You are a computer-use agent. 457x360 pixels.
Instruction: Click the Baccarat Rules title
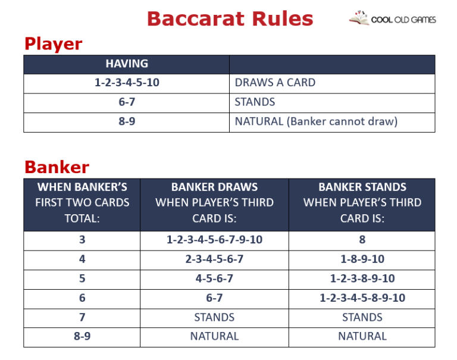click(230, 18)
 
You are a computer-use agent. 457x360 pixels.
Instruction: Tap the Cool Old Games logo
click(392, 20)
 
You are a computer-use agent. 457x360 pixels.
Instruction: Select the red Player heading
click(53, 44)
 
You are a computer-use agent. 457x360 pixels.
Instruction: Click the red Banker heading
click(57, 167)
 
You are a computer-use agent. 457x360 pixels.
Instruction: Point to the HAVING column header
click(127, 64)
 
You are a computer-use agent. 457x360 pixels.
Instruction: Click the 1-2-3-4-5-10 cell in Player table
click(127, 83)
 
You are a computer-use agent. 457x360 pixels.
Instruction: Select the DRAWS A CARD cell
click(275, 83)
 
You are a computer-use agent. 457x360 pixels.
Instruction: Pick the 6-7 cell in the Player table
click(127, 102)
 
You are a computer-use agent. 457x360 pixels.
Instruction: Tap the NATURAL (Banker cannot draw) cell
click(316, 121)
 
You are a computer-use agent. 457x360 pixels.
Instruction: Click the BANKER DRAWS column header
click(214, 202)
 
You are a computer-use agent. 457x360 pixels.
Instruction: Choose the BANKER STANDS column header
click(362, 202)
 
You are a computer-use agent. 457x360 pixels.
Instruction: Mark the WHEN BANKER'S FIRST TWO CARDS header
click(82, 202)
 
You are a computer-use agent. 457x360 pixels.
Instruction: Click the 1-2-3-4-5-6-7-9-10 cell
click(214, 240)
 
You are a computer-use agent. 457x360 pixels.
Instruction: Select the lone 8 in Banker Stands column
click(362, 240)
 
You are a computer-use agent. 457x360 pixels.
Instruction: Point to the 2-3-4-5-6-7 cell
click(214, 259)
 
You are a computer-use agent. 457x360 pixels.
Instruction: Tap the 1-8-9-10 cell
click(362, 259)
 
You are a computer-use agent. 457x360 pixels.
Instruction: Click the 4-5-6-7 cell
click(214, 278)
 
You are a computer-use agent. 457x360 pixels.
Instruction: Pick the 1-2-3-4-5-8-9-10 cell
click(362, 298)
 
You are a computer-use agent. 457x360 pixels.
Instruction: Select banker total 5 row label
click(82, 278)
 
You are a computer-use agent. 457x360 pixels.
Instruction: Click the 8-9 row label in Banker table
click(82, 336)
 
